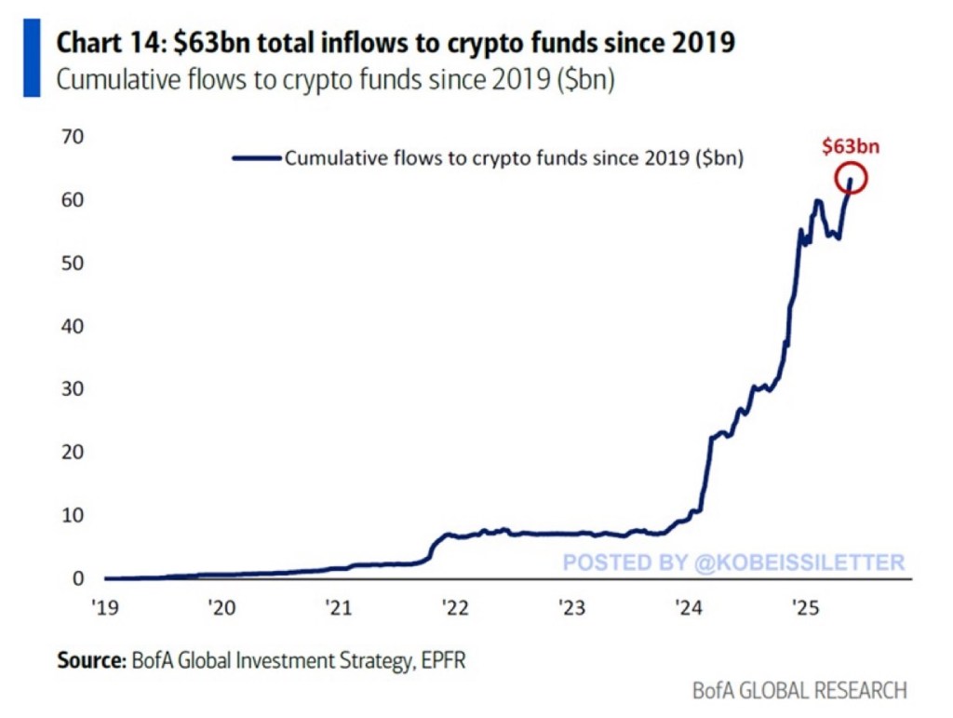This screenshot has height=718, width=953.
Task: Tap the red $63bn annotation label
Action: tap(851, 146)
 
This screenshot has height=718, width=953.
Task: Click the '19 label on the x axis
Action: tap(104, 608)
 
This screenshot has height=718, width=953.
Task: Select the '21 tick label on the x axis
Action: tap(338, 608)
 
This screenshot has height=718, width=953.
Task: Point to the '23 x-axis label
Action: tap(570, 608)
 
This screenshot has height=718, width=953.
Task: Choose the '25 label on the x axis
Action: tap(804, 608)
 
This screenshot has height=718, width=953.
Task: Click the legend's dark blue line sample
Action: tap(256, 158)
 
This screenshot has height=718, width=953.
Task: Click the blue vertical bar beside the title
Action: tap(31, 59)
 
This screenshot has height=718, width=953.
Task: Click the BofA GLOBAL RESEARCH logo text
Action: tap(799, 691)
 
